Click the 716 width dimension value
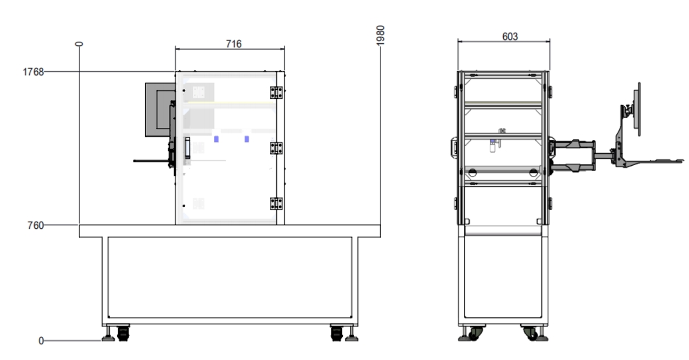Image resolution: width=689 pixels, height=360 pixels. (x=234, y=44)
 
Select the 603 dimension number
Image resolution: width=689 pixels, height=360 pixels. (x=510, y=37)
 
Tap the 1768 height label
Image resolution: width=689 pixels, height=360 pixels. (x=33, y=72)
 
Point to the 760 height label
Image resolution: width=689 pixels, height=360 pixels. (x=36, y=226)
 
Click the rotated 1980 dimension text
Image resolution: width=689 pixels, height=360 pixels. (x=381, y=36)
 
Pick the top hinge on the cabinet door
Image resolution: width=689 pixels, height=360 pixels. (x=276, y=92)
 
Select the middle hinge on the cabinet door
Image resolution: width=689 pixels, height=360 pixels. (x=276, y=148)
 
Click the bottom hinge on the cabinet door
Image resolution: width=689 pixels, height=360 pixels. (x=276, y=203)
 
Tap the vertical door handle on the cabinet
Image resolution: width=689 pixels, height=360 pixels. (x=187, y=148)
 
